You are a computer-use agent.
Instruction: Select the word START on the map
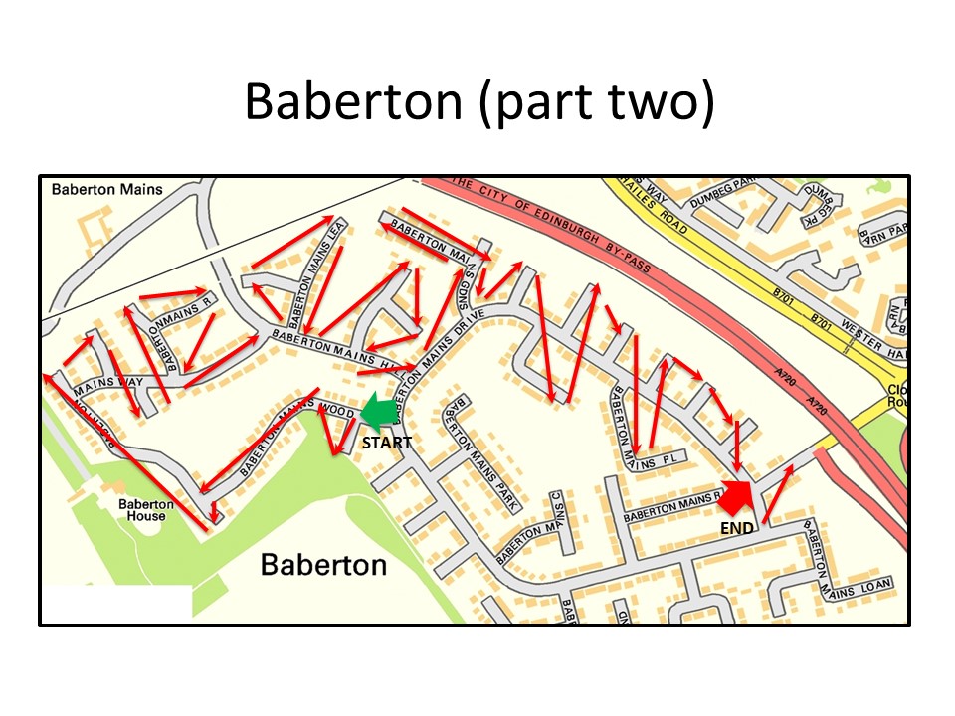coord(386,443)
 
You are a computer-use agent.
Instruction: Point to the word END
coord(736,529)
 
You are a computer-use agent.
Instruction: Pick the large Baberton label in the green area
coord(323,565)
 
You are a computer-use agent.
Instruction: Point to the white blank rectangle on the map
coord(116,602)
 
